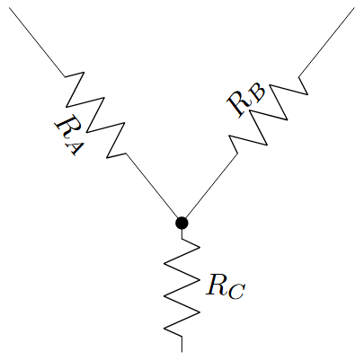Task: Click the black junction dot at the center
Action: pos(182,223)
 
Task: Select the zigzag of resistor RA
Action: pos(95,115)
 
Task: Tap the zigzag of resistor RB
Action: pos(268,115)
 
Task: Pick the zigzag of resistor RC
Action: pos(182,287)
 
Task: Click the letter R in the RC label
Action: pos(217,285)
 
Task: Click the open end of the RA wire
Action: pos(10,8)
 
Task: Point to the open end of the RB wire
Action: pos(354,8)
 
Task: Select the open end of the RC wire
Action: pos(182,352)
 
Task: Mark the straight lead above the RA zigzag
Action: pos(38,42)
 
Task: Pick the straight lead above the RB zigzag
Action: pos(326,42)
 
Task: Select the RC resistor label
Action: pos(226,286)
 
